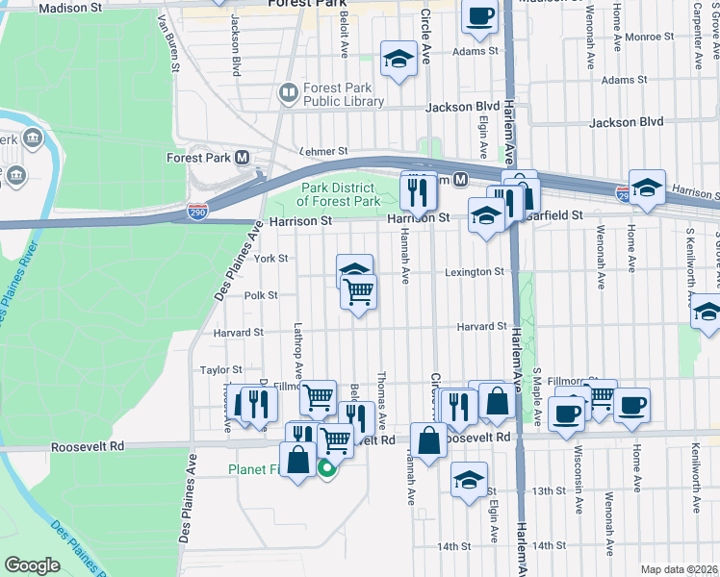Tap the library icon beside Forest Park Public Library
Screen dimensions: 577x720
pos(287,93)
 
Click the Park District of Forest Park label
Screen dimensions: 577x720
pos(339,194)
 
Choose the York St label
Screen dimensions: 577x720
pos(271,259)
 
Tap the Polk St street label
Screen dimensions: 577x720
pos(261,296)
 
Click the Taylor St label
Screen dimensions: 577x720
pos(220,369)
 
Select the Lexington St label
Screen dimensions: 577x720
pos(475,272)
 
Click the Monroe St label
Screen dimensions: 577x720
pos(649,37)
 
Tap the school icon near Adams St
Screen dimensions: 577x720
pos(396,60)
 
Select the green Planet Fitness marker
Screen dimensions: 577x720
pos(326,469)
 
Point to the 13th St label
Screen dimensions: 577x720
pos(550,490)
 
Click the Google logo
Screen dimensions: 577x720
pos(33,564)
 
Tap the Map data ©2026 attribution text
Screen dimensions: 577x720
pos(678,569)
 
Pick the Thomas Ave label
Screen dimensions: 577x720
pos(382,401)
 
